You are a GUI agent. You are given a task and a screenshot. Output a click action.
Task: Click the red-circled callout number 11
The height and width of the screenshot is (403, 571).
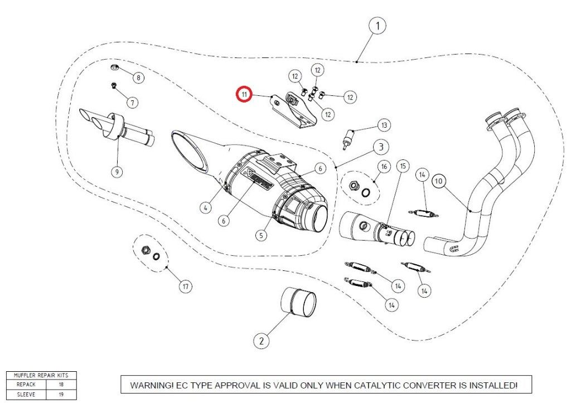(244, 94)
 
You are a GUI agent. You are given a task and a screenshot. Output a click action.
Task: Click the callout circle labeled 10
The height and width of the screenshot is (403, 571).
(438, 181)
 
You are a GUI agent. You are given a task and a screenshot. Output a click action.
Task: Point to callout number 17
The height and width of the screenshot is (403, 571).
(185, 287)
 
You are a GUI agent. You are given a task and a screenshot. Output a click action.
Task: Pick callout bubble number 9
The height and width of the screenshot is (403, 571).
(117, 172)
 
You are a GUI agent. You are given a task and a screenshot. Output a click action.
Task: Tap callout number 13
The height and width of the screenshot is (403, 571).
(384, 125)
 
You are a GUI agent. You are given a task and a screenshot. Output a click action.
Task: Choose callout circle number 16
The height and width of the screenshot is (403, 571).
(384, 167)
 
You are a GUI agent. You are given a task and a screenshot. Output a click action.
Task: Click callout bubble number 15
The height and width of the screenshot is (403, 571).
(403, 166)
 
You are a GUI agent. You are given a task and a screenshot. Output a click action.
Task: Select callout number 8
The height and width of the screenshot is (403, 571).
(137, 77)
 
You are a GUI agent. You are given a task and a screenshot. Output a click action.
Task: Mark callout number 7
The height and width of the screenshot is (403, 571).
(132, 103)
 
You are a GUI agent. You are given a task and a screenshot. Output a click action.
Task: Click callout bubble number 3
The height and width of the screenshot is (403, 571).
(380, 147)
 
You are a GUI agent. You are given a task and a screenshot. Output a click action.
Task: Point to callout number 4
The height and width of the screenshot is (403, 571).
(206, 207)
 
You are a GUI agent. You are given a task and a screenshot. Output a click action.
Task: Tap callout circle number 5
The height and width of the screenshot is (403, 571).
(261, 235)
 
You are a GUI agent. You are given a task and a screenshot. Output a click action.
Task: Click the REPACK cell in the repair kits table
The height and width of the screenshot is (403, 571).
(26, 385)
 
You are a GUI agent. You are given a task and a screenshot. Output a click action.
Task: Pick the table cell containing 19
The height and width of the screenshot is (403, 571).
(61, 393)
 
